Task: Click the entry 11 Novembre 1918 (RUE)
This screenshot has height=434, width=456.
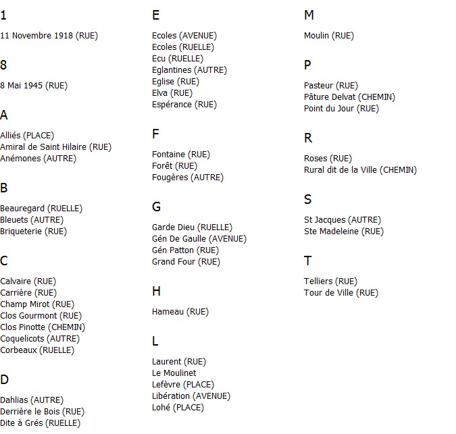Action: [x=49, y=36]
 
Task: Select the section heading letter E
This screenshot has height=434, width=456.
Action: [x=156, y=16]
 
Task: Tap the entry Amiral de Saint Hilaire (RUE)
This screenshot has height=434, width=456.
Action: [x=55, y=147]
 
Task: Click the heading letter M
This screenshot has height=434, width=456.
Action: [x=309, y=16]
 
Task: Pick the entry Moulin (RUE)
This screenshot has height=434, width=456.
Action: [x=328, y=36]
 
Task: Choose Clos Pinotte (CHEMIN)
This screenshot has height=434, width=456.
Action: [x=43, y=327]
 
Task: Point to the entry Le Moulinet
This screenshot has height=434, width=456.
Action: [x=174, y=373]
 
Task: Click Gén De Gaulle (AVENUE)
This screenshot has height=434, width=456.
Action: [x=199, y=239]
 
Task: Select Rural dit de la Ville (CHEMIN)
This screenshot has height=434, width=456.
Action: [x=360, y=170]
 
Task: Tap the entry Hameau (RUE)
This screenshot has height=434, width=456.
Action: [x=180, y=312]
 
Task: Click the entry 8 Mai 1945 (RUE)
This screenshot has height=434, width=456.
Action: [x=34, y=86]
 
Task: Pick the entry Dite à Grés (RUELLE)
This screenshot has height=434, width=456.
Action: [x=40, y=423]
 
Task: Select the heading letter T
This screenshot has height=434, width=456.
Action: [x=307, y=261]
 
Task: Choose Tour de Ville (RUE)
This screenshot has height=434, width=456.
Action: [x=340, y=293]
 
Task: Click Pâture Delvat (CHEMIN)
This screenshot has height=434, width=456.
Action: [x=349, y=97]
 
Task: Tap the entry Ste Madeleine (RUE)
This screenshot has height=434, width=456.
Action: [x=343, y=232]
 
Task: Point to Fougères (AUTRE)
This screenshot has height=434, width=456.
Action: [x=187, y=178]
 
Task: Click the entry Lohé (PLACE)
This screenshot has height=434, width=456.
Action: [x=178, y=408]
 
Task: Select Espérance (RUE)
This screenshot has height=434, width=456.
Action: [x=184, y=105]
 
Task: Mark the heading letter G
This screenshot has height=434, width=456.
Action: [x=156, y=207]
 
